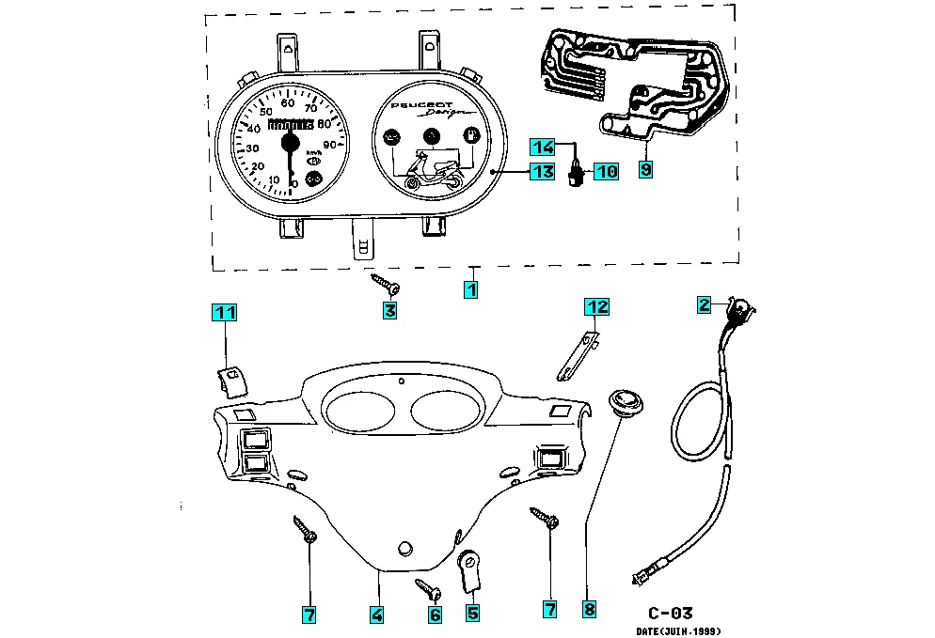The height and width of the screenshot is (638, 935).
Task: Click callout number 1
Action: (x=471, y=290)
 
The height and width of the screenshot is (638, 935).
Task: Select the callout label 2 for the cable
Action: (x=704, y=303)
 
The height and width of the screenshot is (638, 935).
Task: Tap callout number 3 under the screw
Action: (x=389, y=310)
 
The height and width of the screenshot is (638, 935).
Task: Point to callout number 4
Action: (x=376, y=615)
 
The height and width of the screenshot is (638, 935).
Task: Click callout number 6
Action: (x=435, y=615)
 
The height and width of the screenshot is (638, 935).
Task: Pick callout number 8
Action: (x=589, y=609)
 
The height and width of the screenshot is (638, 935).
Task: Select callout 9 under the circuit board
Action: (x=645, y=169)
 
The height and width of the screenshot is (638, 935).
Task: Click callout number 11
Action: (x=223, y=312)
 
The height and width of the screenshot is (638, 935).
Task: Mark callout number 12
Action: (x=598, y=306)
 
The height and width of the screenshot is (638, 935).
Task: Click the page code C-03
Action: (x=669, y=613)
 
